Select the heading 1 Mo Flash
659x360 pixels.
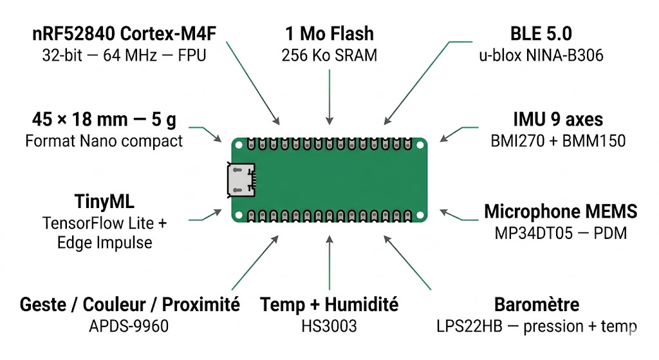tap(329, 33)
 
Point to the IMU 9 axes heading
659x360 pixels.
tap(558, 119)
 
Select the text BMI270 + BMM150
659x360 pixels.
tap(558, 140)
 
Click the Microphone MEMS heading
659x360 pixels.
tap(561, 211)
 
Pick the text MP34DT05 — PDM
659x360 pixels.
tap(561, 232)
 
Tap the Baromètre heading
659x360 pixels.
tap(537, 305)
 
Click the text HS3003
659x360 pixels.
tap(329, 326)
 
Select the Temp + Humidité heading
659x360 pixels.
tap(329, 305)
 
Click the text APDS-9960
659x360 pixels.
tap(129, 326)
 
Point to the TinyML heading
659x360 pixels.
tap(104, 202)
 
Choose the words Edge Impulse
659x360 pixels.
tap(104, 243)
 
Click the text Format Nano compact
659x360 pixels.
tap(104, 140)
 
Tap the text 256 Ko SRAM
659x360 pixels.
tap(329, 55)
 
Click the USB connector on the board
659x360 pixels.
tap(241, 179)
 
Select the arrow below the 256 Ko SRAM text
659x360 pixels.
tap(329, 97)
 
